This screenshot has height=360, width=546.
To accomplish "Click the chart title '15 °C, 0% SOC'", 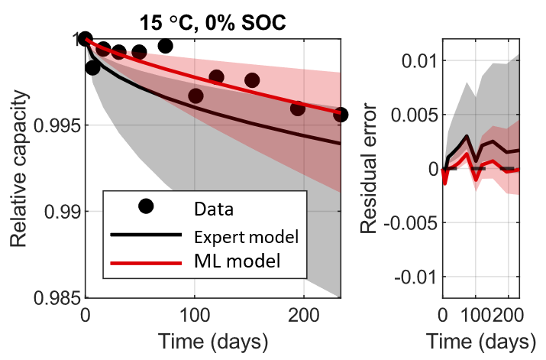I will (x=212, y=21).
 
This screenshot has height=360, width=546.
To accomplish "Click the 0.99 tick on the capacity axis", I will (x=60, y=212).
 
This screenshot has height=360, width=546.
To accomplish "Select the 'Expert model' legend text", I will (x=245, y=235).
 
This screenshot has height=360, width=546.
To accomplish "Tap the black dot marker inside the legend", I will (x=146, y=206).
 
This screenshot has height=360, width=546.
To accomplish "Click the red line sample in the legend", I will (x=146, y=262).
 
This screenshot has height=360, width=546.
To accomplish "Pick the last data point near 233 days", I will (x=341, y=115).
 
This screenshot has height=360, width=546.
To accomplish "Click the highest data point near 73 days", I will (x=165, y=46).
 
